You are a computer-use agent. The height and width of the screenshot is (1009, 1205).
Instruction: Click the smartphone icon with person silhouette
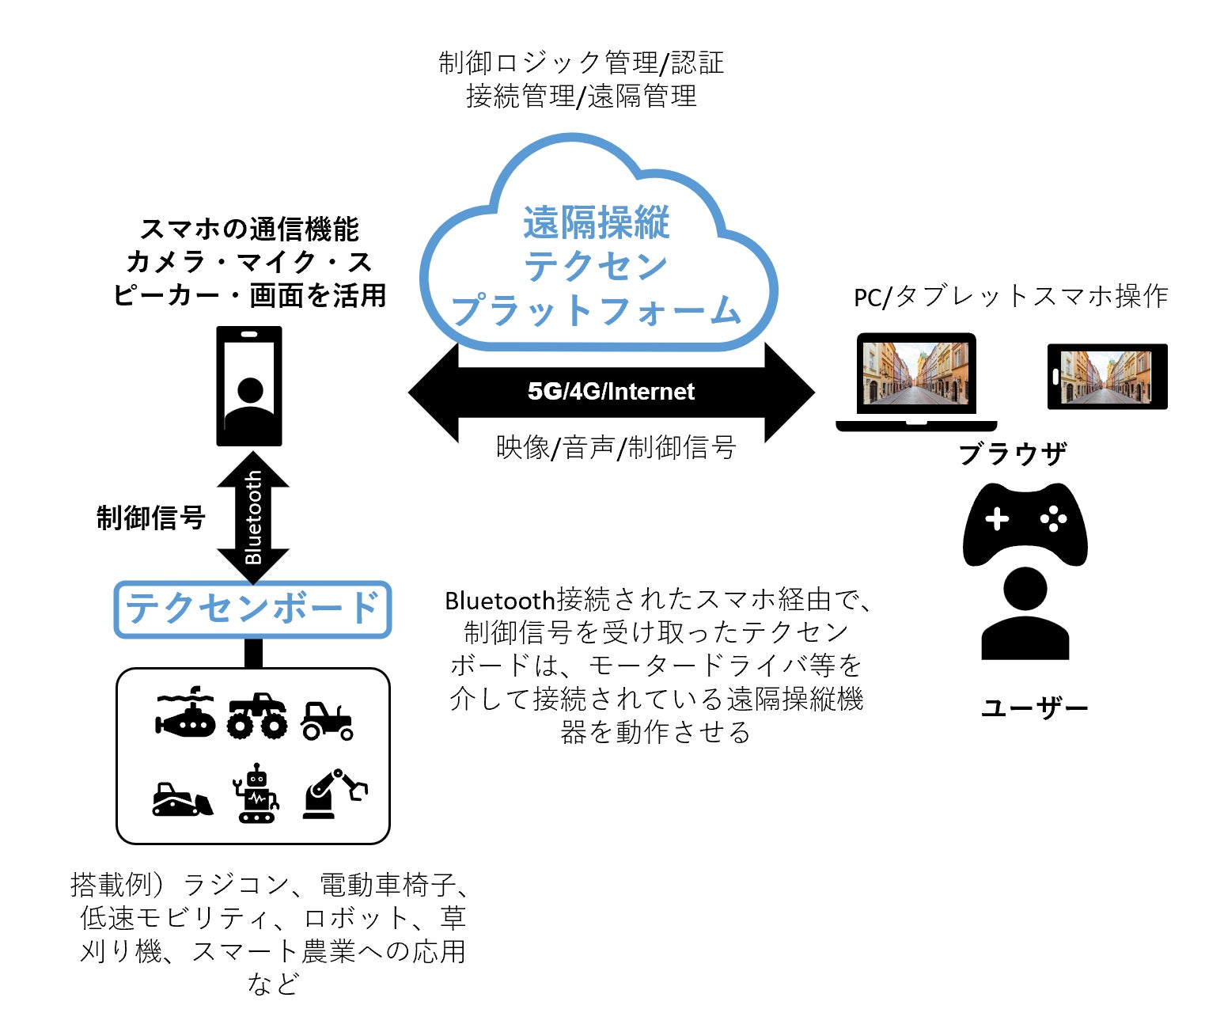coord(249,386)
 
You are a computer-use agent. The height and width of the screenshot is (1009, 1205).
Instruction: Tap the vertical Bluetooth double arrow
coord(253,518)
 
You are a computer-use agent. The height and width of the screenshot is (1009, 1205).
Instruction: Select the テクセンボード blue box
coord(253,609)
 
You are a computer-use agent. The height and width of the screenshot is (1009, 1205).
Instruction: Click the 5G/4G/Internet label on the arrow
coord(611,391)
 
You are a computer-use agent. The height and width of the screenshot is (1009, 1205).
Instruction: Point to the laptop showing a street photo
coord(916,380)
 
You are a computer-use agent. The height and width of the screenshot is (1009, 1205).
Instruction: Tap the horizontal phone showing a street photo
coord(1107,377)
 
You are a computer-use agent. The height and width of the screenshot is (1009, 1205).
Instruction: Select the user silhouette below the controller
coord(1025,613)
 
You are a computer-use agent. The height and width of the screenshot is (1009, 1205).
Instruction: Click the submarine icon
coord(185,712)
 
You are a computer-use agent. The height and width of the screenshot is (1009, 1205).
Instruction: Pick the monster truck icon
coord(257,716)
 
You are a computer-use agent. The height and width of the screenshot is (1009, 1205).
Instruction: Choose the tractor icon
coord(326,720)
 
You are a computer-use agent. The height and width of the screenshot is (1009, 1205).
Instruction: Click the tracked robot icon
coord(256,793)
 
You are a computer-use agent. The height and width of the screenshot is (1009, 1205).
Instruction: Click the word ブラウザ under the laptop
coord(1012,454)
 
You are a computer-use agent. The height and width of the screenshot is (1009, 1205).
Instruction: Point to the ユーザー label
coord(1034,707)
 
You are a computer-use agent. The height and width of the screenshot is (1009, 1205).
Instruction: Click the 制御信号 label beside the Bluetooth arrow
coord(150,518)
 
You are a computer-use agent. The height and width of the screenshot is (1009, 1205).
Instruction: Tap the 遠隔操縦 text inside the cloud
coord(597,223)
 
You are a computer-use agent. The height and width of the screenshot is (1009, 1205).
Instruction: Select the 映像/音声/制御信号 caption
coord(616,448)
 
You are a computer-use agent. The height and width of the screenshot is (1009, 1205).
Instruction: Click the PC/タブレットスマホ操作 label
coord(1010,297)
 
